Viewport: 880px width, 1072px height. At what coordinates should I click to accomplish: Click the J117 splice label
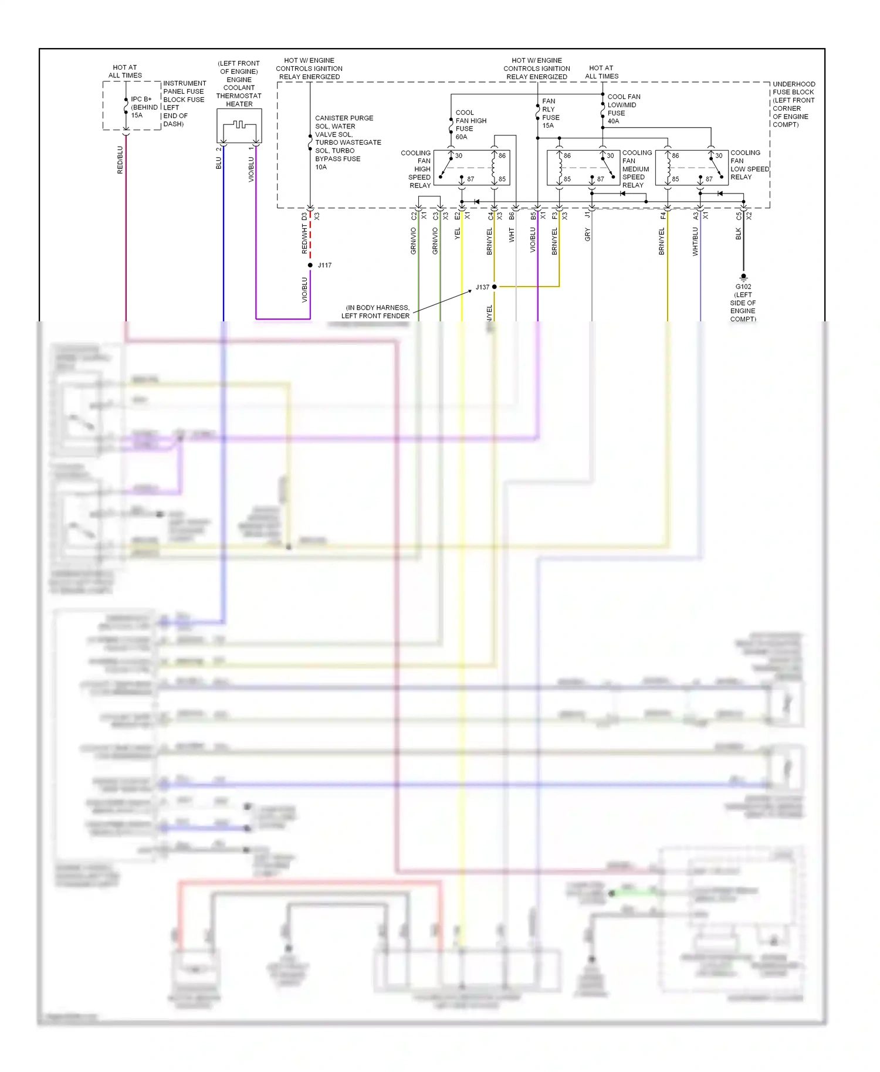(324, 265)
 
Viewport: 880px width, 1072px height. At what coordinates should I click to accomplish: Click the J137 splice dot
(494, 287)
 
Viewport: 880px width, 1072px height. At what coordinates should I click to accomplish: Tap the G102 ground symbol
(743, 276)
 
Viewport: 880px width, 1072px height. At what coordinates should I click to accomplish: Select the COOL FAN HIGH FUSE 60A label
(471, 124)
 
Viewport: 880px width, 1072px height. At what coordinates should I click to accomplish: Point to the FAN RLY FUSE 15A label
(550, 113)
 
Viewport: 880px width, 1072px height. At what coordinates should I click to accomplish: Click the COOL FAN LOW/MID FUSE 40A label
(624, 109)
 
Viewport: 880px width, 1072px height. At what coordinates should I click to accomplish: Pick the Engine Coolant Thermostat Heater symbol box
(239, 125)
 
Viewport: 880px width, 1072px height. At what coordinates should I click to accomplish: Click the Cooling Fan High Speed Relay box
(472, 168)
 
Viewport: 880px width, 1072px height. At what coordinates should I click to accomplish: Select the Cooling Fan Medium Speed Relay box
(583, 168)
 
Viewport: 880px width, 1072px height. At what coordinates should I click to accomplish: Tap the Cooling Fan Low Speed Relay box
(692, 168)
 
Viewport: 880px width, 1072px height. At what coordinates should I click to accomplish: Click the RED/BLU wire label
(120, 160)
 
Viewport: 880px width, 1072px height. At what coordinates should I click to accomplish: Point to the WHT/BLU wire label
(695, 242)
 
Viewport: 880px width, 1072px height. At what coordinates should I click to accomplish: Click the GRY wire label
(587, 235)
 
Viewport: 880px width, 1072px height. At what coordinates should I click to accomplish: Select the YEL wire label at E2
(458, 233)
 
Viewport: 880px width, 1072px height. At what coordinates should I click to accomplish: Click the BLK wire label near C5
(739, 234)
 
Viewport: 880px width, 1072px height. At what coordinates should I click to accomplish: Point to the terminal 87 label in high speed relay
(471, 179)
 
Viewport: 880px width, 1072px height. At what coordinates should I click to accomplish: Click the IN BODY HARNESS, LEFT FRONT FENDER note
(377, 311)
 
